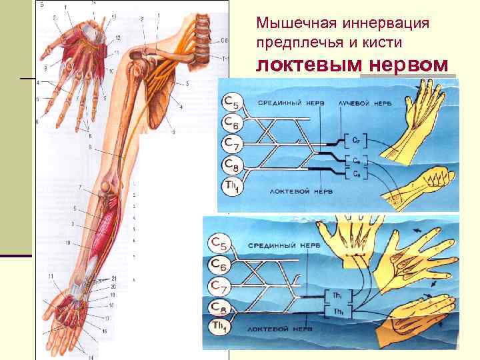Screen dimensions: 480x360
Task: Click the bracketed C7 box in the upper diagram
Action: (357, 139)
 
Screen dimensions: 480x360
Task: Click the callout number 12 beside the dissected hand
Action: (117, 37)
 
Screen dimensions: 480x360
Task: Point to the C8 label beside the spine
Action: (224, 41)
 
